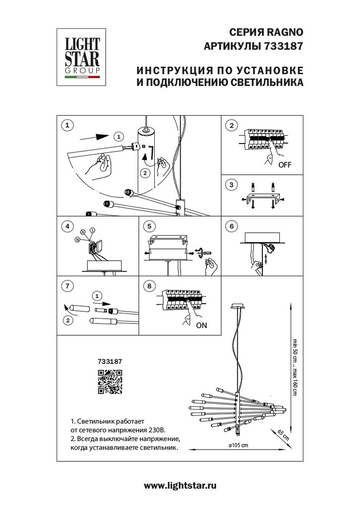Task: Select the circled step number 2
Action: click(232, 126)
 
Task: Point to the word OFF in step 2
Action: click(285, 165)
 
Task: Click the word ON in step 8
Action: click(201, 325)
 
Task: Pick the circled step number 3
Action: click(232, 185)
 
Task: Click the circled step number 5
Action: click(149, 227)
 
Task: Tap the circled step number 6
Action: click(232, 227)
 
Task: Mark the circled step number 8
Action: click(149, 286)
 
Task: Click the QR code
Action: click(110, 382)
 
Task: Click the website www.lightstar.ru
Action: click(180, 485)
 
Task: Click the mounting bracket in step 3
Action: click(263, 197)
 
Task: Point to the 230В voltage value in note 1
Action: click(155, 430)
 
